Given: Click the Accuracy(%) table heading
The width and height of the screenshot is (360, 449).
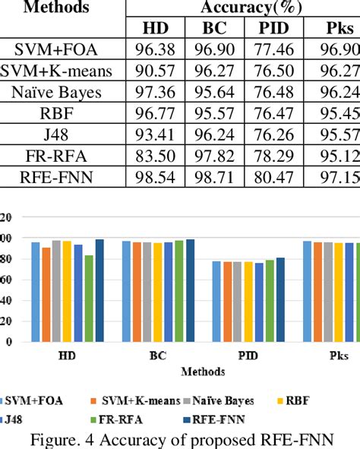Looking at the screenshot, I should tap(242, 8).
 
